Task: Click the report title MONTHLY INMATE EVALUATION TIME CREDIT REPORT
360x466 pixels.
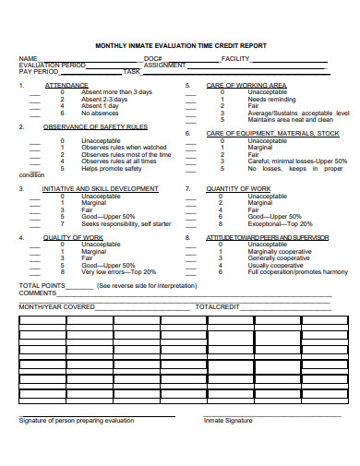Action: pyautogui.click(x=181, y=42)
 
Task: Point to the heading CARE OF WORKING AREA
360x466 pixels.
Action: pyautogui.click(x=246, y=85)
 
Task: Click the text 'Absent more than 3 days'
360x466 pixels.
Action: pyautogui.click(x=116, y=92)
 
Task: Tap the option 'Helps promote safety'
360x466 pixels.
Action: pyautogui.click(x=112, y=168)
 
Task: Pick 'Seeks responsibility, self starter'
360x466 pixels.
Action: pyautogui.click(x=126, y=224)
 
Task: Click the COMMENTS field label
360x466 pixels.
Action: pyautogui.click(x=39, y=293)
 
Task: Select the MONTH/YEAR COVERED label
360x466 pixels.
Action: pyautogui.click(x=57, y=305)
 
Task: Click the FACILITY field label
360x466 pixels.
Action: pyautogui.click(x=236, y=57)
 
